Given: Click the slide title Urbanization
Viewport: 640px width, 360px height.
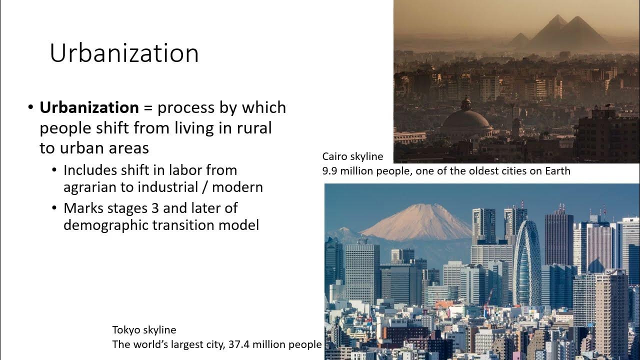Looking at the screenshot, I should (124, 53).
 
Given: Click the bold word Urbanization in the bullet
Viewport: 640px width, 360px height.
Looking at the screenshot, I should (89, 107).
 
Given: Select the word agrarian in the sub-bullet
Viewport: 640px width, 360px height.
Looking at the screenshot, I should (90, 187).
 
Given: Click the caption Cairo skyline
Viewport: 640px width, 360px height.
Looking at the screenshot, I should (352, 156).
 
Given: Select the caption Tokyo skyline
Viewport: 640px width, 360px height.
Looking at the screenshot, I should (144, 330).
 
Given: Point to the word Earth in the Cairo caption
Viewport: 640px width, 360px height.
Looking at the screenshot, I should (556, 171).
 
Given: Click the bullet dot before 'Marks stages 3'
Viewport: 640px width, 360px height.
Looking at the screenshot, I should (54, 208).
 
